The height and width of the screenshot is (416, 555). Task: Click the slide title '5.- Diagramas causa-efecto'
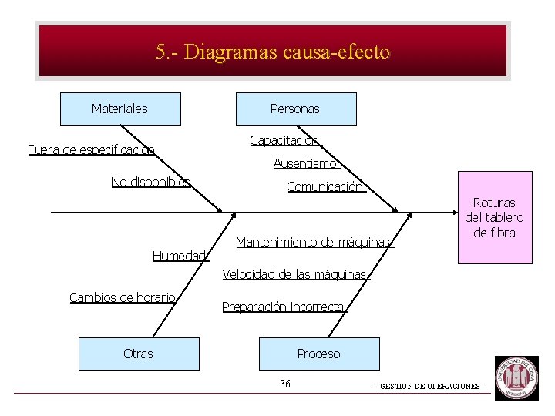[273, 52]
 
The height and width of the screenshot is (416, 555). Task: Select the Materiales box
[120, 109]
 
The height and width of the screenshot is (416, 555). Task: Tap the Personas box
[295, 109]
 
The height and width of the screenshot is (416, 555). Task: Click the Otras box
[139, 354]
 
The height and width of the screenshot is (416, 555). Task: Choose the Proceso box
[319, 354]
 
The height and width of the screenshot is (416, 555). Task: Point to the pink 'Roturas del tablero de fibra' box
[494, 217]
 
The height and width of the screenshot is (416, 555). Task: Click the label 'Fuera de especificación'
[91, 149]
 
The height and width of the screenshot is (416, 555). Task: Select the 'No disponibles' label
[150, 182]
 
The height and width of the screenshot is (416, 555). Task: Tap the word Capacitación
[284, 140]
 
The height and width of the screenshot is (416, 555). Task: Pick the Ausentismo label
[306, 163]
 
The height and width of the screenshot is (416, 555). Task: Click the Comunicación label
[325, 186]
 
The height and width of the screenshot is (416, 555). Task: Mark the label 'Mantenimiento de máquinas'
[314, 242]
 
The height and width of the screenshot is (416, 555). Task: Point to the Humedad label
[180, 256]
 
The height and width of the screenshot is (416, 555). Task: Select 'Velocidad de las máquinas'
[295, 274]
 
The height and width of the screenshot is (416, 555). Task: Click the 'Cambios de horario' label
[123, 297]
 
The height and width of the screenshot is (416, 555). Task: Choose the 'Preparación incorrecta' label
[283, 307]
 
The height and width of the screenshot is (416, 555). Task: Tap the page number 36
[285, 384]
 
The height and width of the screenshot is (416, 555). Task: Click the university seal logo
[516, 377]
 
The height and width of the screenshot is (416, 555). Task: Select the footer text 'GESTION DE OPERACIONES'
[430, 386]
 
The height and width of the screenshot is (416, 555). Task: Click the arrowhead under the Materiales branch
[220, 208]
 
